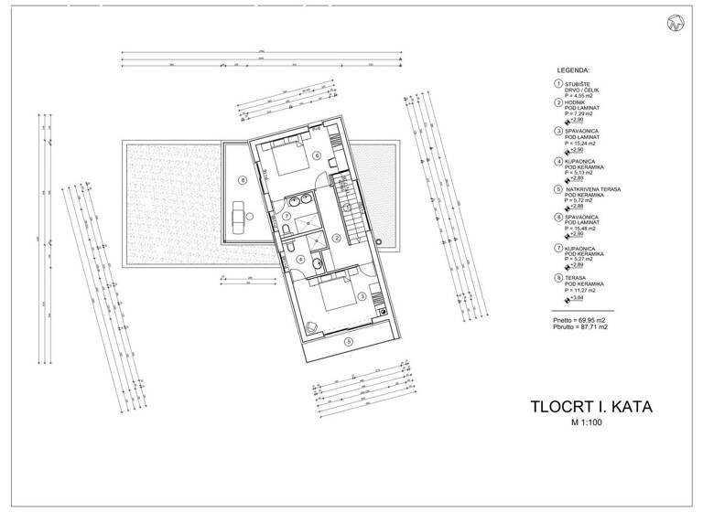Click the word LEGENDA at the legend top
(573, 69)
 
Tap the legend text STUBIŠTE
(579, 82)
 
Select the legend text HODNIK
(577, 103)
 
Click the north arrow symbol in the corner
(677, 23)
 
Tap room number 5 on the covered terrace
(347, 341)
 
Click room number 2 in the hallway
(337, 239)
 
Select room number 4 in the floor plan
(303, 258)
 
